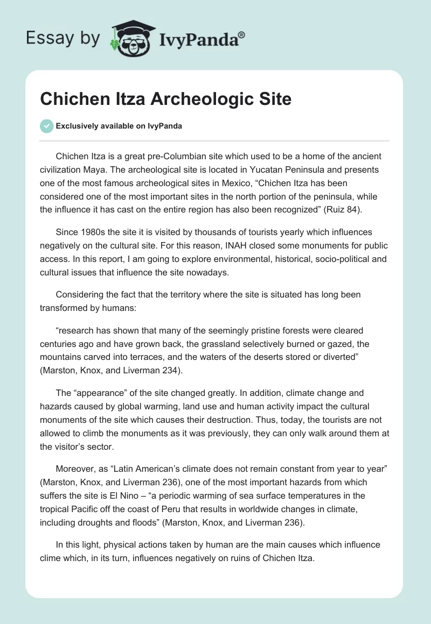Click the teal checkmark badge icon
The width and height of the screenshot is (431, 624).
coord(46,126)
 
